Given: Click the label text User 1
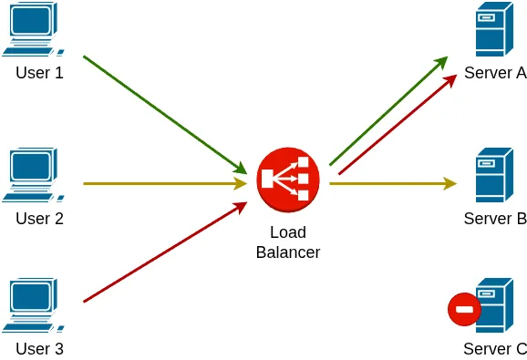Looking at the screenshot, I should [39, 72].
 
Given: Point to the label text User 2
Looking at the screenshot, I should [39, 219].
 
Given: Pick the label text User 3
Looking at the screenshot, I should [39, 348].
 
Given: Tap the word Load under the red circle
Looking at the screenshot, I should [288, 232].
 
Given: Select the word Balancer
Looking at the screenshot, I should [288, 252].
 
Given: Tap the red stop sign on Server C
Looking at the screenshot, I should [464, 309].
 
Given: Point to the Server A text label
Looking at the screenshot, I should [495, 73].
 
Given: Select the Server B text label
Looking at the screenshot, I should [495, 219].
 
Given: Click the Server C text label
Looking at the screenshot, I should [495, 348].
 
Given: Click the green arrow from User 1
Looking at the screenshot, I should [164, 114].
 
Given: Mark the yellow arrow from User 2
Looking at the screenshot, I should [164, 183].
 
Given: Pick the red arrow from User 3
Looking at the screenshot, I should [164, 252].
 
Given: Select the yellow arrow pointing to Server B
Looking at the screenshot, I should [392, 183].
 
